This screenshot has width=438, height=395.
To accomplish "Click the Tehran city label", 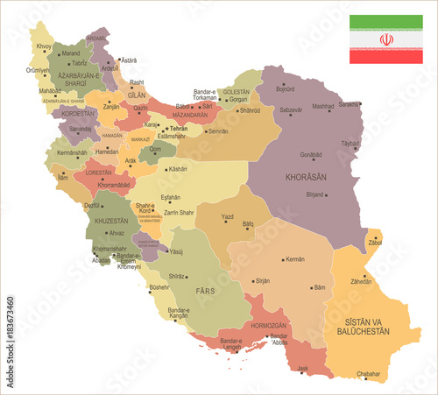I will (x=178, y=129).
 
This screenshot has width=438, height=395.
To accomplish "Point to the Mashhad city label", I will (x=323, y=106).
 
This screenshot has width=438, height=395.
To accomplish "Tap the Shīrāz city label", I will (x=178, y=276).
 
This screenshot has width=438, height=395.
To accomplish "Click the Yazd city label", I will (x=228, y=215).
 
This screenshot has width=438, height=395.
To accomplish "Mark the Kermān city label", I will (x=295, y=259).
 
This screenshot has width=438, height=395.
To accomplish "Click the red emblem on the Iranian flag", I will (x=385, y=39).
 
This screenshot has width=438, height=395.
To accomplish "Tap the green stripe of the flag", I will (x=385, y=22).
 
